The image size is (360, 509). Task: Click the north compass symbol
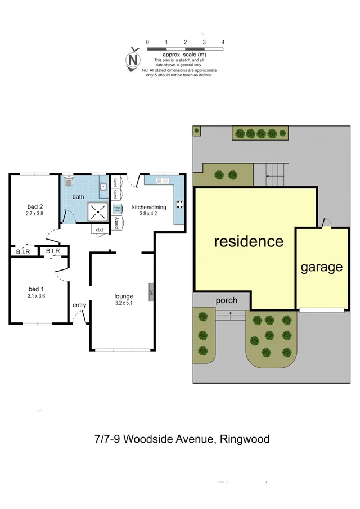click(133, 58)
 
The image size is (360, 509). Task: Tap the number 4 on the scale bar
click(223, 42)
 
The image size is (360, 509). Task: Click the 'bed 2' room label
click(34, 206)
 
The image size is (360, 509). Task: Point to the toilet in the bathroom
click(69, 181)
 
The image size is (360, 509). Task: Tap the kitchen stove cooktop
click(181, 204)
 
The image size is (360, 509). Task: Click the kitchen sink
click(163, 181)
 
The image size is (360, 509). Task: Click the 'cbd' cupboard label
click(99, 229)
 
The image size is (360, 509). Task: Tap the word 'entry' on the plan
click(79, 305)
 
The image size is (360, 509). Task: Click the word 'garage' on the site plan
click(321, 267)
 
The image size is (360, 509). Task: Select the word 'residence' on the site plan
click(249, 241)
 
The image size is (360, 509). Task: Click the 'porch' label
click(227, 300)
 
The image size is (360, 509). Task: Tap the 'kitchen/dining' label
click(148, 207)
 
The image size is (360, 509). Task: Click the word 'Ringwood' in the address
click(245, 438)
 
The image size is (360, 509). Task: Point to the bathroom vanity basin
click(103, 187)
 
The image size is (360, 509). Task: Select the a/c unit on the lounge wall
click(151, 291)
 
